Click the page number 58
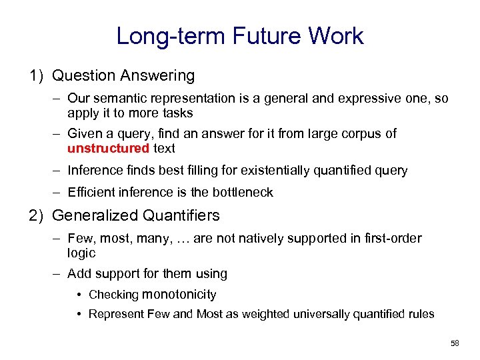(455, 343)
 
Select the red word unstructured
(108, 148)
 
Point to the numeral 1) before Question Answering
(37, 76)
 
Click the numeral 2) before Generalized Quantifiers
(37, 215)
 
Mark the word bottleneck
(243, 193)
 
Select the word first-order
(394, 238)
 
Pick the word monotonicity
(179, 295)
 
